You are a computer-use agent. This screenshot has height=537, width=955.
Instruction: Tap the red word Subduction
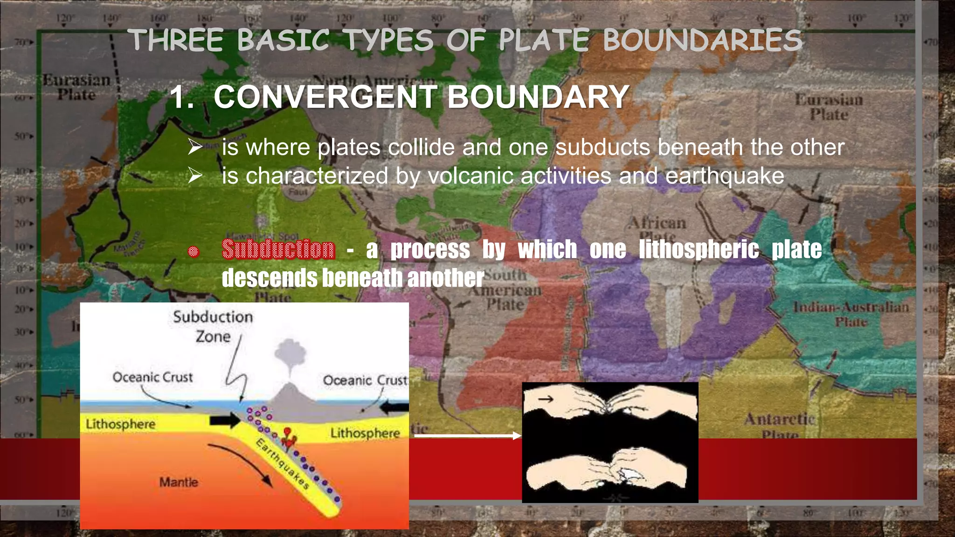[278, 249]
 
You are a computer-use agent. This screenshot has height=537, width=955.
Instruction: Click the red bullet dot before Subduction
[194, 252]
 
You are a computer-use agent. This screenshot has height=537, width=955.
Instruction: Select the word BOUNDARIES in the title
[702, 40]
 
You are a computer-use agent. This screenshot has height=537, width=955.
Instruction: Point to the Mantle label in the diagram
[179, 482]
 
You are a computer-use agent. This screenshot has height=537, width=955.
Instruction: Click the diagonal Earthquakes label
[283, 464]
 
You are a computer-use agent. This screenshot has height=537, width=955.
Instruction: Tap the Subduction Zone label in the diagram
[213, 326]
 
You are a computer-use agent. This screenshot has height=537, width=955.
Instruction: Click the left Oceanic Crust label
[152, 377]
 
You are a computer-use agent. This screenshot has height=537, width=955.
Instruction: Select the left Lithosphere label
[120, 424]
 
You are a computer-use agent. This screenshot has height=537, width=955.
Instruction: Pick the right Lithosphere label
[365, 433]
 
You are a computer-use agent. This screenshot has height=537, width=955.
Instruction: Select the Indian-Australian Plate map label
[851, 314]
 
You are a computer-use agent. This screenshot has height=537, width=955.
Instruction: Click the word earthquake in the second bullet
[725, 176]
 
